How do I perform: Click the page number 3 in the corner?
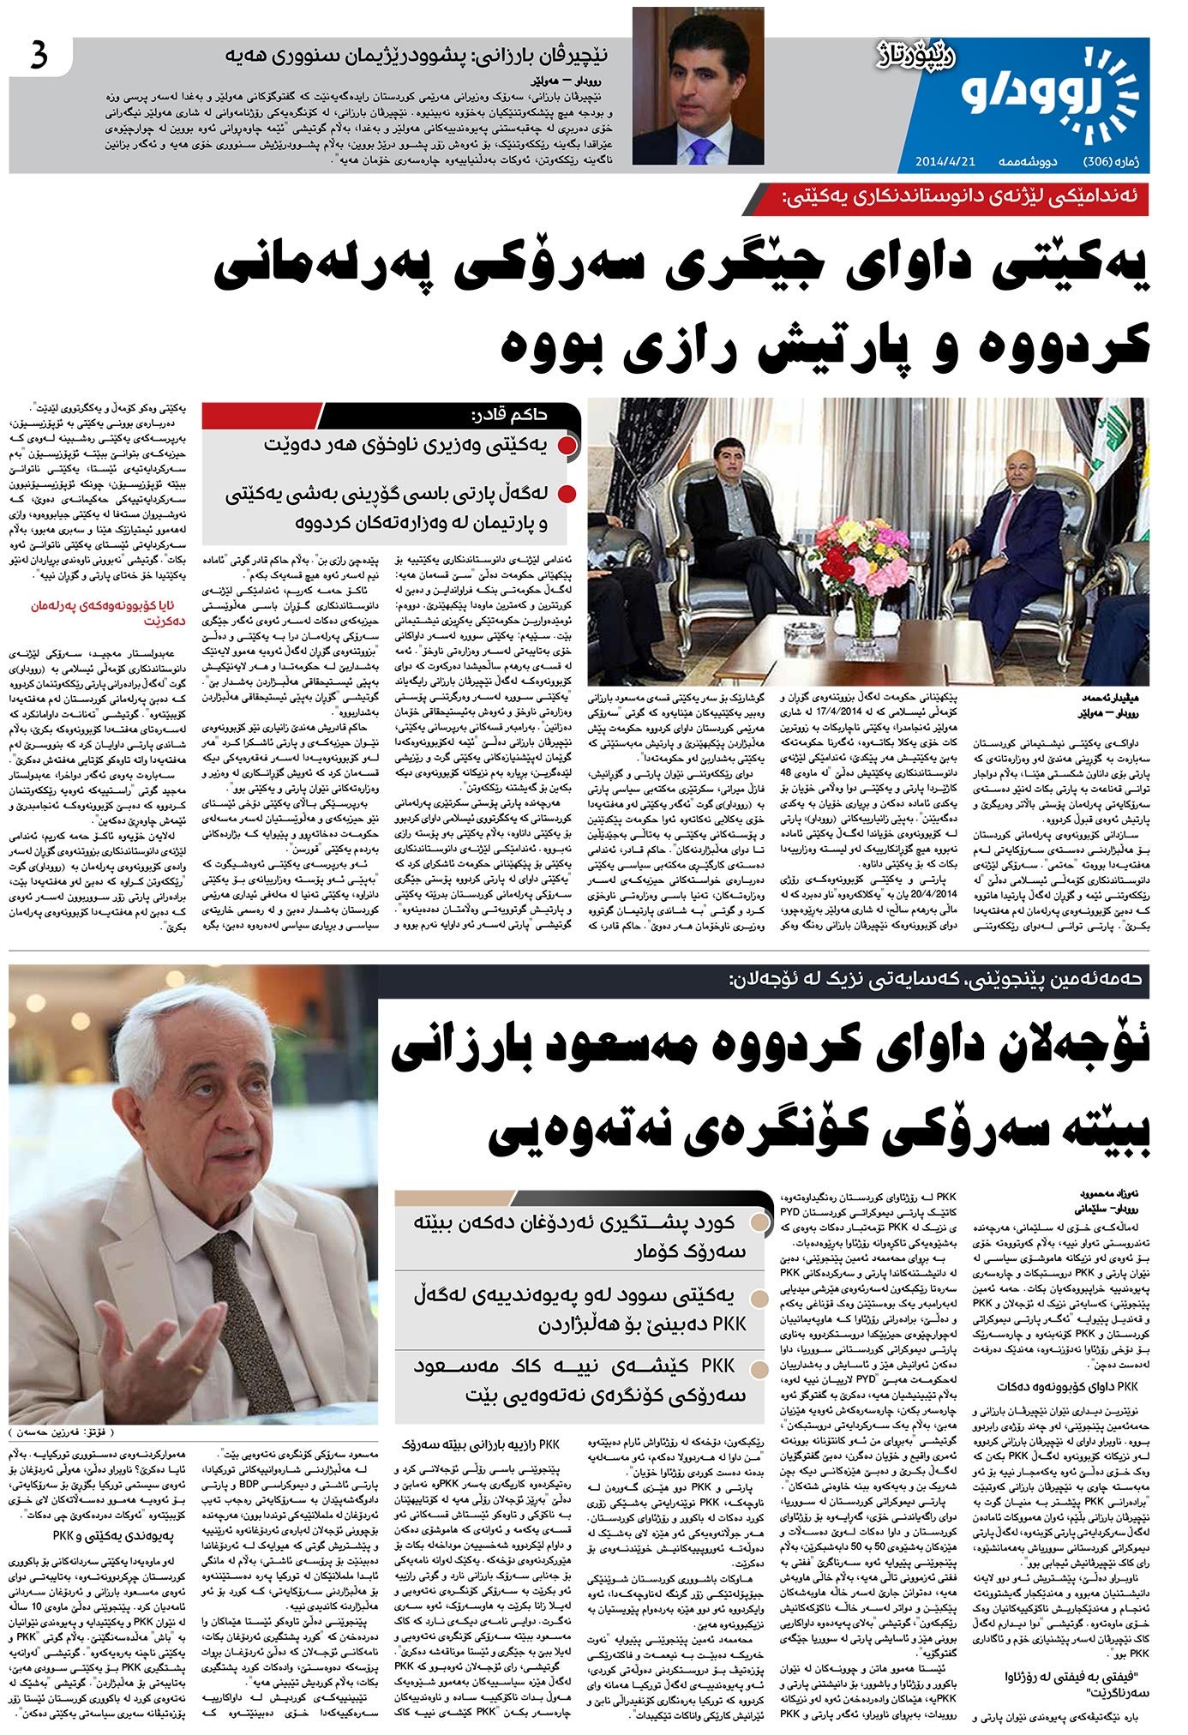(x=39, y=58)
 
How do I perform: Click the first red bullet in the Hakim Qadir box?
(x=567, y=446)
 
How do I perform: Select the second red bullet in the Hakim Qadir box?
(x=567, y=495)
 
